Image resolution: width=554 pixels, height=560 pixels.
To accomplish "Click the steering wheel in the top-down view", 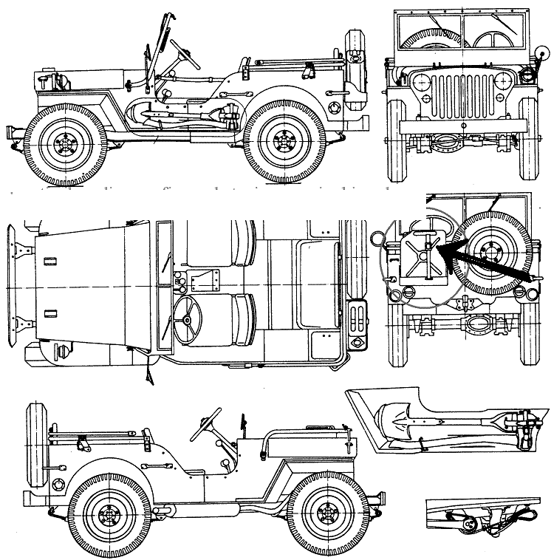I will tap(188, 319).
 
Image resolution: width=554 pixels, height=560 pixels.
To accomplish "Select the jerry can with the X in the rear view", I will tap(422, 259).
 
